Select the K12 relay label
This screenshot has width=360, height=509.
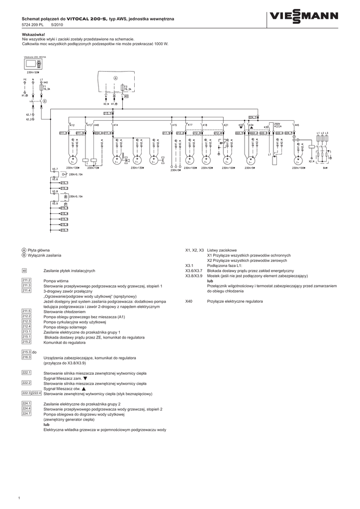click(72, 125)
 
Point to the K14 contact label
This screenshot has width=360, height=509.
click(116, 125)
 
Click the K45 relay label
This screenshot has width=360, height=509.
click(297, 125)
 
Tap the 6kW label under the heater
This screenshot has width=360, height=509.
click(324, 168)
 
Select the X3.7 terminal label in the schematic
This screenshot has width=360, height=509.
click(55, 169)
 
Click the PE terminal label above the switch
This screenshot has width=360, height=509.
click(24, 79)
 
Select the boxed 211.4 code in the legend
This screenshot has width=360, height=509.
click(26, 291)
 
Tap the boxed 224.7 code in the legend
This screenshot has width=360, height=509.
click(26, 414)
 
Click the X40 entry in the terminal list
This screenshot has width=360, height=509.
click(188, 301)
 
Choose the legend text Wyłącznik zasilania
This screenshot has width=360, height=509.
click(44, 255)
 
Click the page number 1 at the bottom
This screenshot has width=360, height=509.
click(18, 498)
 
